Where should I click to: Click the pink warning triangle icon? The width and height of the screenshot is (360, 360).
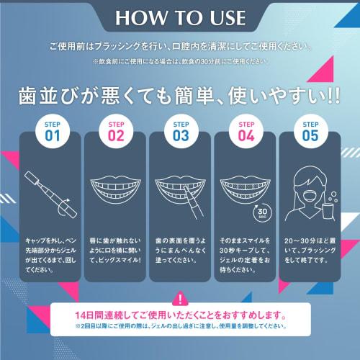(x=179, y=298)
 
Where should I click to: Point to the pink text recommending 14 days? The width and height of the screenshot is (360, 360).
(x=180, y=315)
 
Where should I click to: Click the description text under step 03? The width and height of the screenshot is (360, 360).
(x=180, y=250)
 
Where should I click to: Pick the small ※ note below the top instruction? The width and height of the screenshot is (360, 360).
(x=180, y=62)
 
